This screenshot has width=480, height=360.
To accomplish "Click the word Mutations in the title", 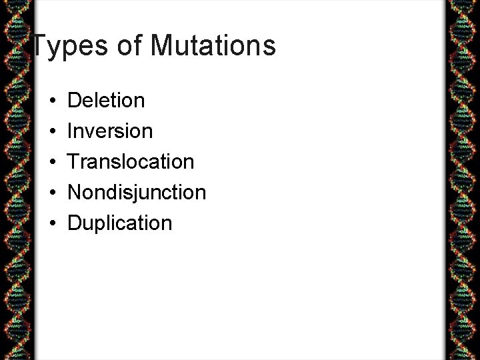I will coord(213,46).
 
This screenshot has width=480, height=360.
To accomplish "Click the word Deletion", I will coord(106,101).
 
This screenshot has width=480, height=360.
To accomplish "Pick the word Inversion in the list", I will coord(110,131).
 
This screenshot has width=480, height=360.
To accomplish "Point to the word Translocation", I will coord(131,162).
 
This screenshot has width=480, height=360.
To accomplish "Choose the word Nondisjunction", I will coord(137,193).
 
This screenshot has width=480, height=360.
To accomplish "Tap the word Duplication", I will coord(120,223).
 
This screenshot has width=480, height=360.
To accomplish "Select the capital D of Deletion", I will coord(75,101).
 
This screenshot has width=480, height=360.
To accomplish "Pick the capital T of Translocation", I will coord(74,162).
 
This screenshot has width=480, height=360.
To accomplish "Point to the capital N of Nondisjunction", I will coord(75,193).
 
